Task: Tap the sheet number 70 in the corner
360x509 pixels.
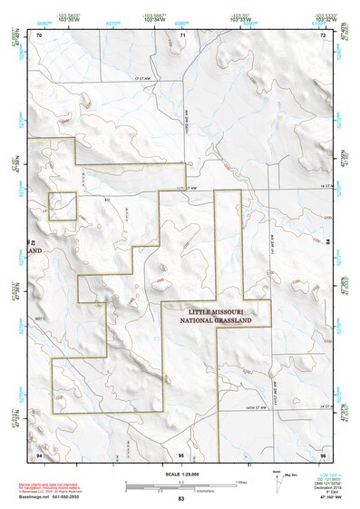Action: click(x=38, y=34)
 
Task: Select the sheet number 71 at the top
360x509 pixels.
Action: click(x=182, y=34)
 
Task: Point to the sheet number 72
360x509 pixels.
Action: click(x=324, y=34)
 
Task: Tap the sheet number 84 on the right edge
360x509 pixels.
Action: click(x=326, y=242)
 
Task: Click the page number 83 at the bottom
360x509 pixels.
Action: click(x=181, y=500)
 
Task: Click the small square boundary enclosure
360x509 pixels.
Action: click(x=62, y=206)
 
